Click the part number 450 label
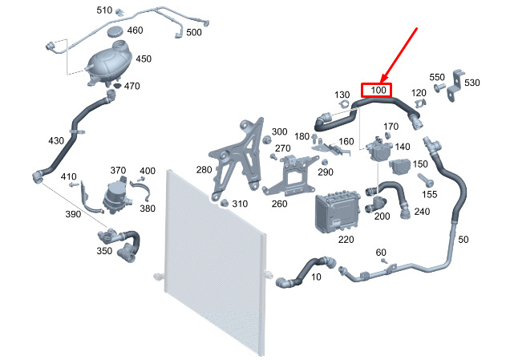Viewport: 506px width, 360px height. click(x=144, y=59)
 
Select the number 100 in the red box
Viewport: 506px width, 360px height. click(x=377, y=91)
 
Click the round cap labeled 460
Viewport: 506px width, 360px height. click(x=116, y=31)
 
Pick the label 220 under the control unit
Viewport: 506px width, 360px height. click(x=346, y=239)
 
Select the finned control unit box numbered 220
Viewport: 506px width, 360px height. click(x=336, y=210)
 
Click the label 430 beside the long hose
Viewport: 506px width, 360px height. click(x=55, y=140)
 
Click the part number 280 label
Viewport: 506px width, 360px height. click(x=204, y=169)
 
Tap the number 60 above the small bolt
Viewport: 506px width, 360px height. click(x=381, y=252)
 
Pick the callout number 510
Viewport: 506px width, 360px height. click(x=104, y=10)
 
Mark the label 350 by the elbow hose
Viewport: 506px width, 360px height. click(x=104, y=251)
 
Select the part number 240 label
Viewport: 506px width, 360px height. click(x=422, y=212)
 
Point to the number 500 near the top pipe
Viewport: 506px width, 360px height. click(x=194, y=32)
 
